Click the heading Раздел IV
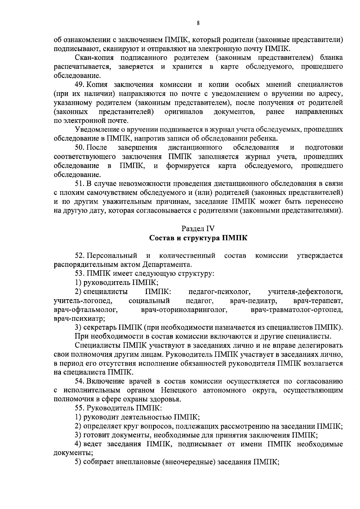point(198,228)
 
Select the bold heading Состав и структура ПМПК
point(198,238)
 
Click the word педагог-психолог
point(220,291)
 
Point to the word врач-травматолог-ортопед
point(297,310)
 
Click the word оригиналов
point(184,112)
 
